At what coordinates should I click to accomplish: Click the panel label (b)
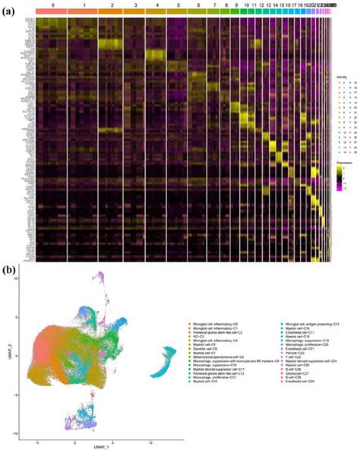click(10, 268)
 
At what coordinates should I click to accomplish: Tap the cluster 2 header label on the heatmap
click(111, 5)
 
